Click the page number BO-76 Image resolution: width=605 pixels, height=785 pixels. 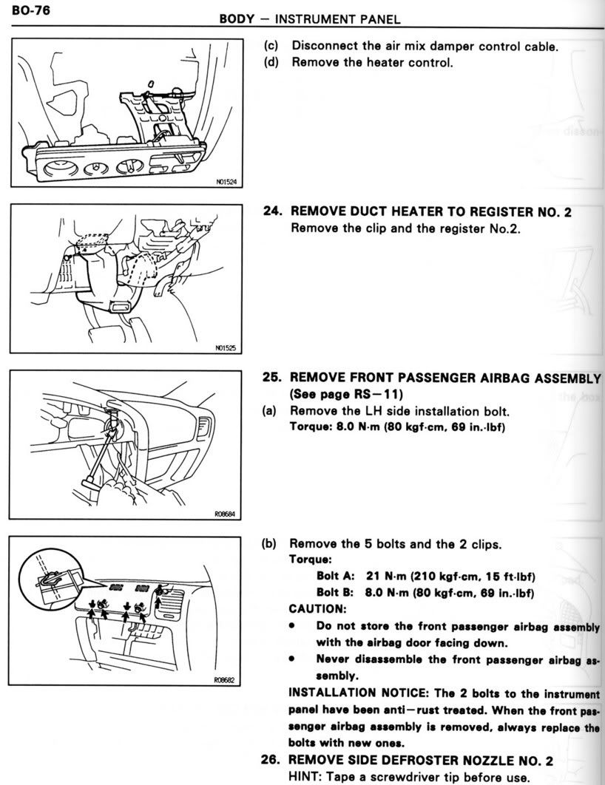click(24, 11)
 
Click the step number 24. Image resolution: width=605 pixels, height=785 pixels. click(274, 211)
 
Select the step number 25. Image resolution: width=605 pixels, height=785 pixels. click(274, 377)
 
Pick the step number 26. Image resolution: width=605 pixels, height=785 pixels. click(274, 759)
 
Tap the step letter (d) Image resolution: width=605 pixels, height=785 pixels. click(273, 63)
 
